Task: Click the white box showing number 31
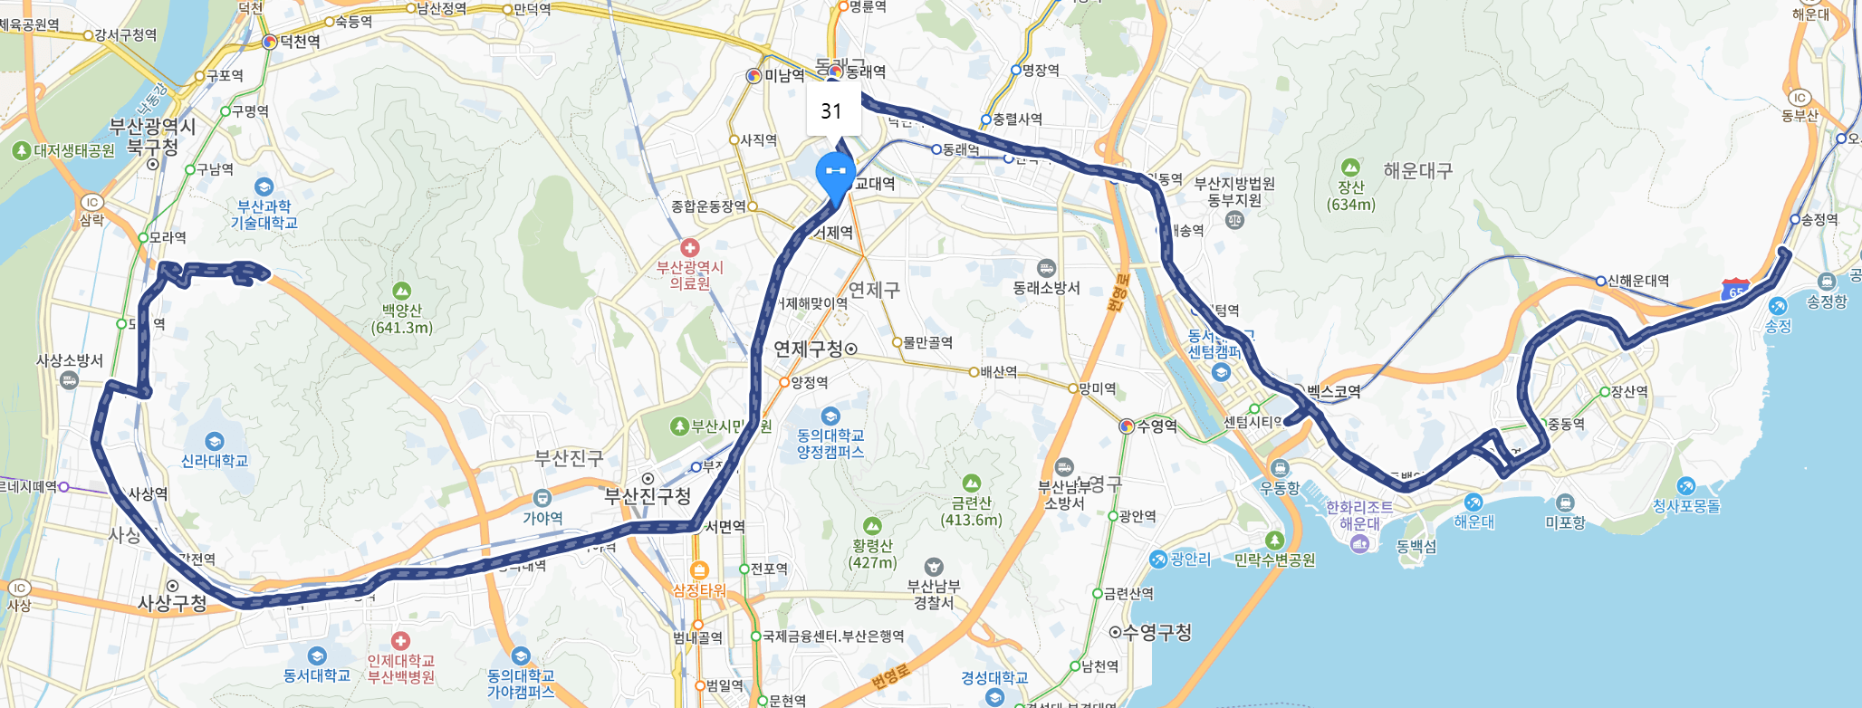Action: pyautogui.click(x=832, y=111)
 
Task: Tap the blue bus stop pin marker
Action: pyautogui.click(x=835, y=174)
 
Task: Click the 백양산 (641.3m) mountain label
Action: pyautogui.click(x=402, y=318)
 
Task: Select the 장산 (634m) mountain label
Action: pyautogui.click(x=1351, y=196)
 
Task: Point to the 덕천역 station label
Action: pyautogui.click(x=299, y=42)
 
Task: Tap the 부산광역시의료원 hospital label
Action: pyautogui.click(x=690, y=275)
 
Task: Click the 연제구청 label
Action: pyautogui.click(x=809, y=349)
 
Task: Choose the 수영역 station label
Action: pyautogui.click(x=1157, y=426)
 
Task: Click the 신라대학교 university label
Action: pyautogui.click(x=215, y=460)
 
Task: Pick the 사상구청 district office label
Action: pyautogui.click(x=172, y=603)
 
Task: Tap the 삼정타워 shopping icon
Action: pyautogui.click(x=699, y=570)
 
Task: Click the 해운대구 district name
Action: pyautogui.click(x=1417, y=171)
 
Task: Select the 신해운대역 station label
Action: pyautogui.click(x=1637, y=281)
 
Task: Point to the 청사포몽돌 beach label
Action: pyautogui.click(x=1686, y=506)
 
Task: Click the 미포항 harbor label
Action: pyautogui.click(x=1565, y=521)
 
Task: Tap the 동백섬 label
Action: pyautogui.click(x=1416, y=546)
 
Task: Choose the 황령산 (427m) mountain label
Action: pyautogui.click(x=872, y=553)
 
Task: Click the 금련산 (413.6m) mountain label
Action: pyautogui.click(x=971, y=511)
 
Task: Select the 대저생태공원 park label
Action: pyautogui.click(x=74, y=150)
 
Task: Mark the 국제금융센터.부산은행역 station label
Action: pyautogui.click(x=833, y=636)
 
